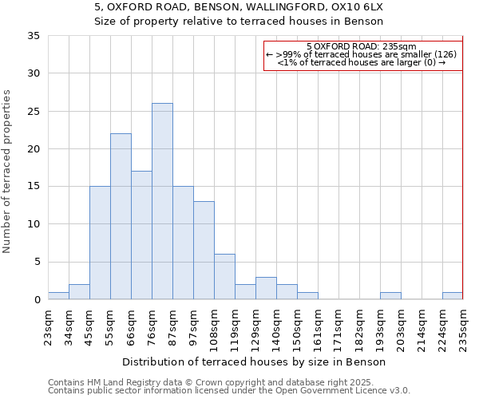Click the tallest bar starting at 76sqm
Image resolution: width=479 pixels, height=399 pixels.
coord(162,201)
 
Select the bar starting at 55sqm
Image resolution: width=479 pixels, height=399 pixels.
coord(121,216)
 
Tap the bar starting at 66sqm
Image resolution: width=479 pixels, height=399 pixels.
coord(141,235)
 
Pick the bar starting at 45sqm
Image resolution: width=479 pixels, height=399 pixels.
coord(100,243)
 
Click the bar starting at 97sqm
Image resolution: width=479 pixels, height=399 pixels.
coord(204,251)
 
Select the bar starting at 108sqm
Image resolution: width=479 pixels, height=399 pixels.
coord(224,277)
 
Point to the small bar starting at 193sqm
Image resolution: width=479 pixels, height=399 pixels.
coord(390,296)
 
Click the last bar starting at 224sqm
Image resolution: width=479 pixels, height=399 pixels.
coord(453,296)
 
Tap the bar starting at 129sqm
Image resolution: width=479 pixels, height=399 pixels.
coord(266,288)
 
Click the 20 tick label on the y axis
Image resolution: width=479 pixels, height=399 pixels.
coord(34,149)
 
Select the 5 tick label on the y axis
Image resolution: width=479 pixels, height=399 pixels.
coord(37,263)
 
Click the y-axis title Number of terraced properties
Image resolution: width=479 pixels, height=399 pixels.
coord(7,172)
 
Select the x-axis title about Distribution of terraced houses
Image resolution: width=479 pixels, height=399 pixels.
coord(255,361)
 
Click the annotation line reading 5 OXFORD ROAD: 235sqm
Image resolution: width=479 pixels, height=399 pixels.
coord(360,46)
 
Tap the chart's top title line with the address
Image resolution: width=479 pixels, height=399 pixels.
coord(239,6)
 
